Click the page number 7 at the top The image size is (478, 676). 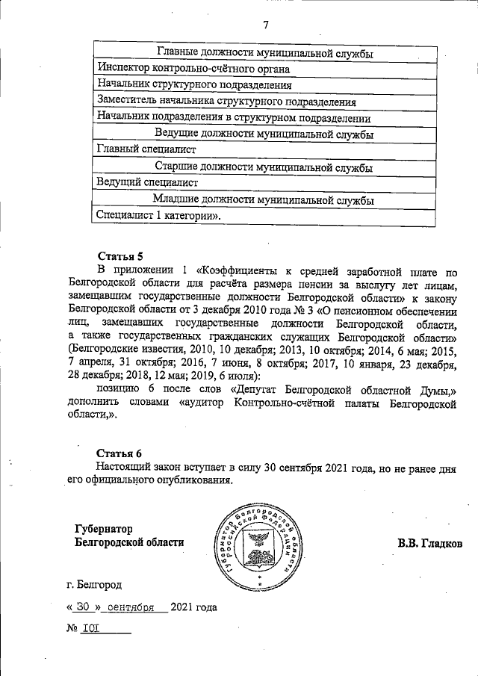coord(265,25)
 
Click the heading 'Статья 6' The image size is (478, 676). coord(119,453)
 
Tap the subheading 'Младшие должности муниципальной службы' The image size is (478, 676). coord(263,199)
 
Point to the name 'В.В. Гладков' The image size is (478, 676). coord(429,543)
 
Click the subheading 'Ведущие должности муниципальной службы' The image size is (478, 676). coord(264,134)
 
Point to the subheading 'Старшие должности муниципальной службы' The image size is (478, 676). coord(264,167)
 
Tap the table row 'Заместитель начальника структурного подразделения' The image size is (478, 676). coord(226,102)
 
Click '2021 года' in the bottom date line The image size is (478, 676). coord(193,607)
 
